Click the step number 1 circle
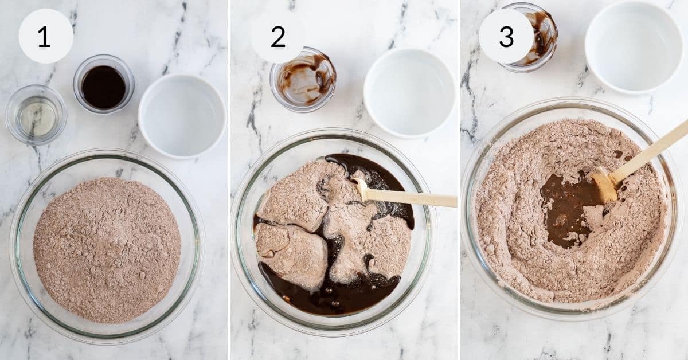tap(46, 36)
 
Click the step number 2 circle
tap(278, 37)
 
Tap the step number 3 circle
tap(506, 36)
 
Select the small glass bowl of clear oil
tap(36, 115)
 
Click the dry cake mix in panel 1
tap(107, 249)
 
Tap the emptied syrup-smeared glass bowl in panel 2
tap(303, 79)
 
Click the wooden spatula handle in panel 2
tap(413, 198)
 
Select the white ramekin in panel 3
tap(634, 46)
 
